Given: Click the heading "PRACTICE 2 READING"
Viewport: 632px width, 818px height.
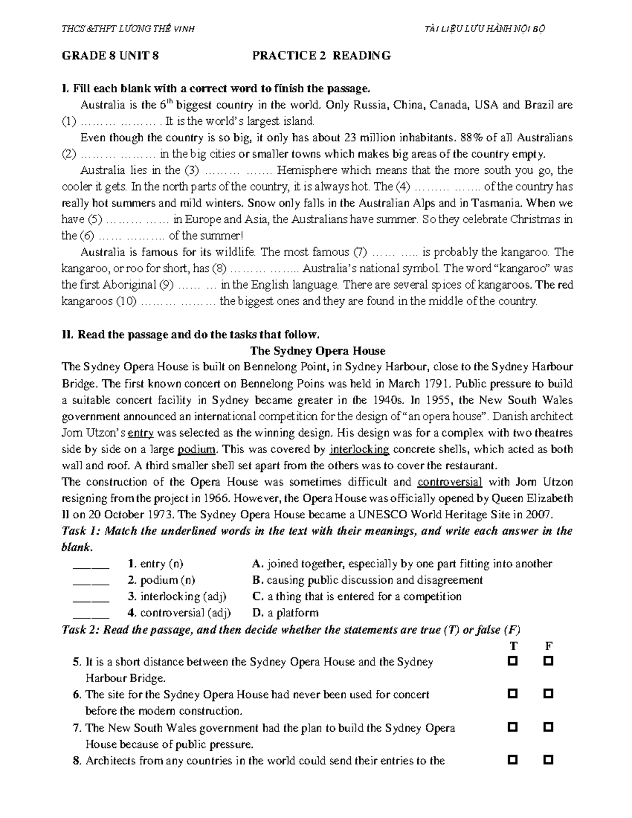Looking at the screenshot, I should (321, 56).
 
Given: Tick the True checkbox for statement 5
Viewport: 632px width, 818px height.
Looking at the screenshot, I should (512, 661).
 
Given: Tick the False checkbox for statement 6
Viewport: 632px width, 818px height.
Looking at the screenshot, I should (548, 694).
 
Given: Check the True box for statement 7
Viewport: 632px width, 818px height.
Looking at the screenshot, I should (512, 727).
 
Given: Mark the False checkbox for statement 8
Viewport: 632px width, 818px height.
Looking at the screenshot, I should (548, 760).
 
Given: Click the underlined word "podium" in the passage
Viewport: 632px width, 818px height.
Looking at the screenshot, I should (197, 450).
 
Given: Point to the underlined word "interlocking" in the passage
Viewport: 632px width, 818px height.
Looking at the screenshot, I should (359, 450).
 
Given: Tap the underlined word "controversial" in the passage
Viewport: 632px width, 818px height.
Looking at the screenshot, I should (449, 482).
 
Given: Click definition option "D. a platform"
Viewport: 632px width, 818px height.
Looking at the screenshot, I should (285, 613).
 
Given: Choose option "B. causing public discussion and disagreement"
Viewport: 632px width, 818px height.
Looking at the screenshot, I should (367, 580).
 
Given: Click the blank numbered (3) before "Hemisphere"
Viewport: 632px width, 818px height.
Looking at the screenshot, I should (236, 171).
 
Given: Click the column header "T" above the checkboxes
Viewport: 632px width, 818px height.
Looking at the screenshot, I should (513, 646).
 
